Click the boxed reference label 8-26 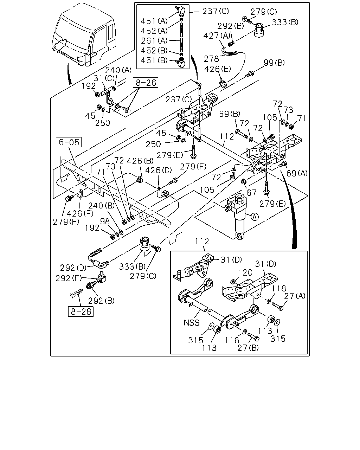point(146,83)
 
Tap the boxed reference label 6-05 point(69,142)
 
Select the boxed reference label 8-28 point(81,311)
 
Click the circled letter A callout point(255,217)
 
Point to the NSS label point(191,323)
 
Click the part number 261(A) point(154,40)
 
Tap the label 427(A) point(217,36)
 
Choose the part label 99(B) point(274,63)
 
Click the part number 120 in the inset point(245,272)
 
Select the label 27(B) point(248,348)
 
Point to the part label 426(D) point(158,170)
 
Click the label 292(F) point(69,278)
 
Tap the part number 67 point(252,193)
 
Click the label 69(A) point(297,173)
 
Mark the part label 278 point(211,59)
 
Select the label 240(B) point(101,205)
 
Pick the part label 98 point(105,221)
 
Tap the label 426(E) point(218,69)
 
